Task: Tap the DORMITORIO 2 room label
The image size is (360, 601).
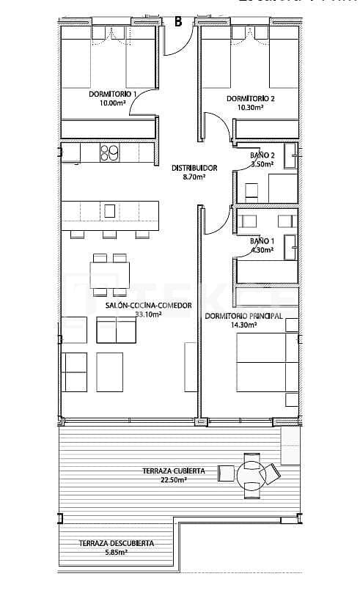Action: (x=251, y=98)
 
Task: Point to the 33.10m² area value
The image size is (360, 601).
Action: (x=148, y=314)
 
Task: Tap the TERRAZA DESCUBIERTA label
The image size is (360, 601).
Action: (x=117, y=543)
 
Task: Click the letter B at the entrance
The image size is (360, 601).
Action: (x=177, y=21)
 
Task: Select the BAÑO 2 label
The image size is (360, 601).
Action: (x=262, y=155)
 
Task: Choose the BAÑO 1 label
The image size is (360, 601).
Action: (x=262, y=240)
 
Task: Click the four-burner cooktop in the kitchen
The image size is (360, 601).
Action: (x=109, y=152)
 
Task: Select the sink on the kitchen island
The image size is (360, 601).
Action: (x=109, y=210)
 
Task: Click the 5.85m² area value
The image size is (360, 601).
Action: (x=117, y=553)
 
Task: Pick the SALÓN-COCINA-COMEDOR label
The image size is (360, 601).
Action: (x=148, y=305)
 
